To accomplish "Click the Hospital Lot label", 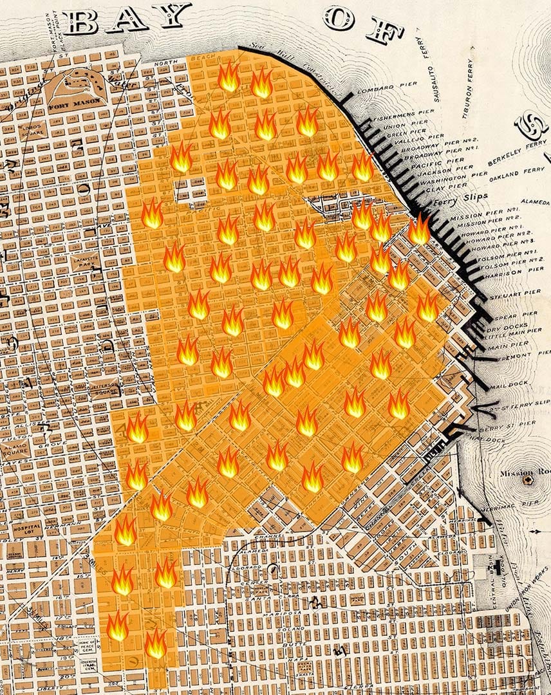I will [x=26, y=529].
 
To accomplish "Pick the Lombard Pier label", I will [x=380, y=90].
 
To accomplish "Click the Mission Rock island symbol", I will [x=528, y=479].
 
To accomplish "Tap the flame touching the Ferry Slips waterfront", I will [x=419, y=229].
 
